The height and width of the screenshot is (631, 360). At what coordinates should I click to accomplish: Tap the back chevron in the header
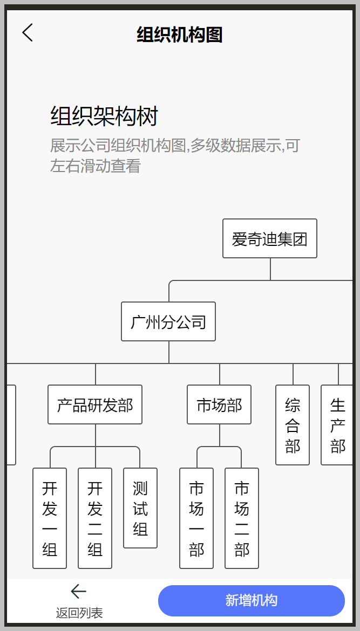[x=28, y=32]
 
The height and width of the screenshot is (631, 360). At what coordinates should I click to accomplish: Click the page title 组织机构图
[x=180, y=35]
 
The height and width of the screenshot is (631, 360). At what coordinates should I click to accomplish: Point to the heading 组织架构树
[x=104, y=116]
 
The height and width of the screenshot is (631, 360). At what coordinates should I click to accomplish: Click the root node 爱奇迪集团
[x=270, y=238]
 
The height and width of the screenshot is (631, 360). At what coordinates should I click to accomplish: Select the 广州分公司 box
[x=168, y=321]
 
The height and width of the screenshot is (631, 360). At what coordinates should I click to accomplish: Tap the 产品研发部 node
[x=95, y=404]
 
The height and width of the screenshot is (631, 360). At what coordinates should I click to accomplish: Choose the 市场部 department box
[x=219, y=404]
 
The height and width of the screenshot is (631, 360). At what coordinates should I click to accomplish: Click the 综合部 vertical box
[x=293, y=425]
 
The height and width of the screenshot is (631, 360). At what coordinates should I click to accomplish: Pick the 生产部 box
[x=337, y=425]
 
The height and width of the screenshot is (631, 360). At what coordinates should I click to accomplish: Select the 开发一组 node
[x=50, y=518]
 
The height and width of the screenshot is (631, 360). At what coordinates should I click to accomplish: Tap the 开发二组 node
[x=95, y=518]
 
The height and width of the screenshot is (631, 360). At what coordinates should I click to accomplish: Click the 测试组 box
[x=140, y=508]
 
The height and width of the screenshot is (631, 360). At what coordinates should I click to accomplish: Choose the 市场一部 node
[x=196, y=518]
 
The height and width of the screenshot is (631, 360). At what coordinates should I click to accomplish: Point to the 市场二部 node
[x=242, y=518]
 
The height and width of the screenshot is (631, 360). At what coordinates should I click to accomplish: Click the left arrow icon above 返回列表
[x=78, y=592]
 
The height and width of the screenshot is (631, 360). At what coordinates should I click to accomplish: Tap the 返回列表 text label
[x=79, y=613]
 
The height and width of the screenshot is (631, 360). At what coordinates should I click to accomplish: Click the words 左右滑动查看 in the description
[x=96, y=166]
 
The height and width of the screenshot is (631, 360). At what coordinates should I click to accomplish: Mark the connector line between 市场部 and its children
[x=220, y=435]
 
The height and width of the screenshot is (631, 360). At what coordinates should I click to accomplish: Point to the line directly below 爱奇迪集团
[x=270, y=269]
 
